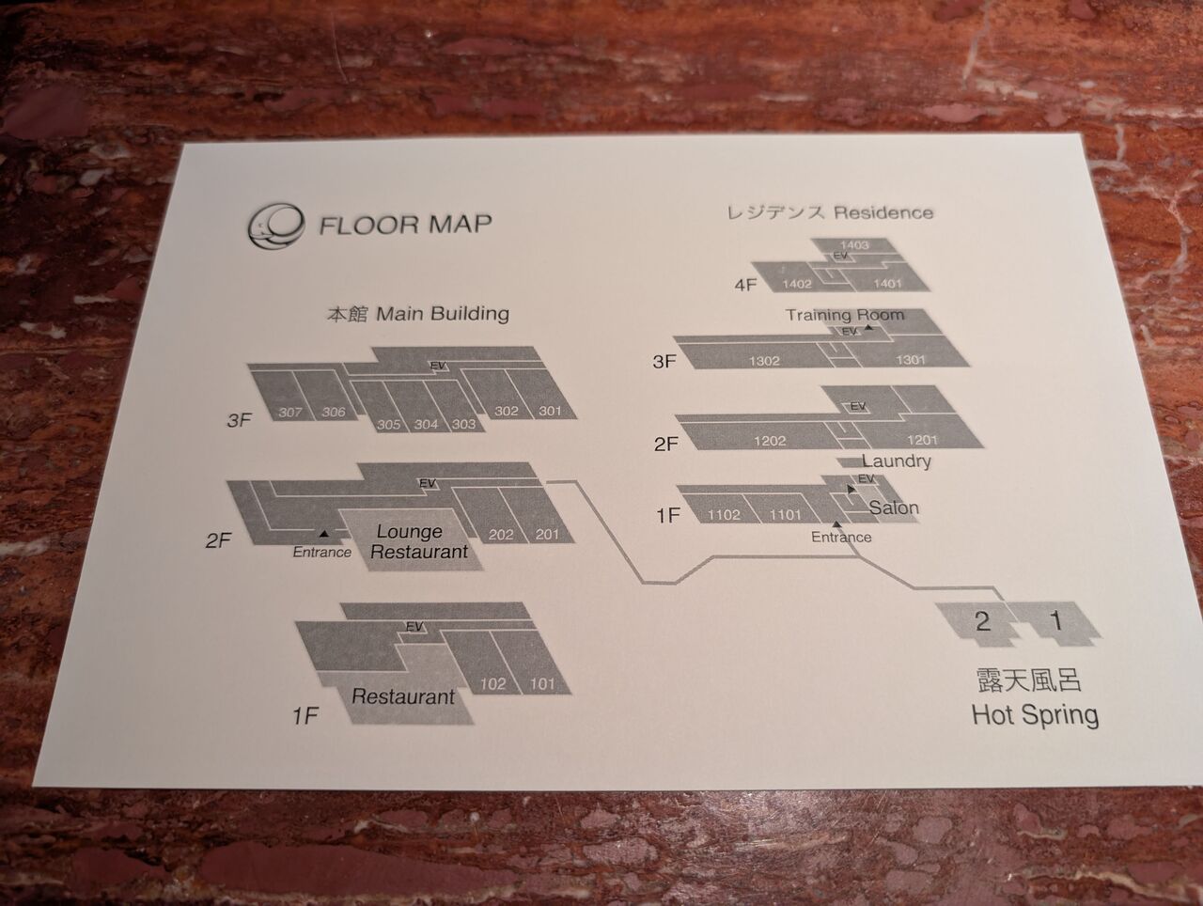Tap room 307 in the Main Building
(290, 413)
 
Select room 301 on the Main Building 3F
(550, 411)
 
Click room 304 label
(426, 424)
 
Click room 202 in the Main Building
(501, 535)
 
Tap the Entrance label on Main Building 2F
(321, 552)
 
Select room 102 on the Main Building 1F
(492, 684)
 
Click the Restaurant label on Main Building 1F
(402, 697)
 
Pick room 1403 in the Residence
(853, 245)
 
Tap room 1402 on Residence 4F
(797, 284)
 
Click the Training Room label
(844, 315)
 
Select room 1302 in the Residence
(764, 361)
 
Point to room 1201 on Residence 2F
(921, 440)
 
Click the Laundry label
(896, 461)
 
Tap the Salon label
(893, 508)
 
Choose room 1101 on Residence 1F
(786, 514)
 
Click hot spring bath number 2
(982, 620)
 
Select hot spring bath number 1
(1055, 620)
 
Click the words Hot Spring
(1034, 714)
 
